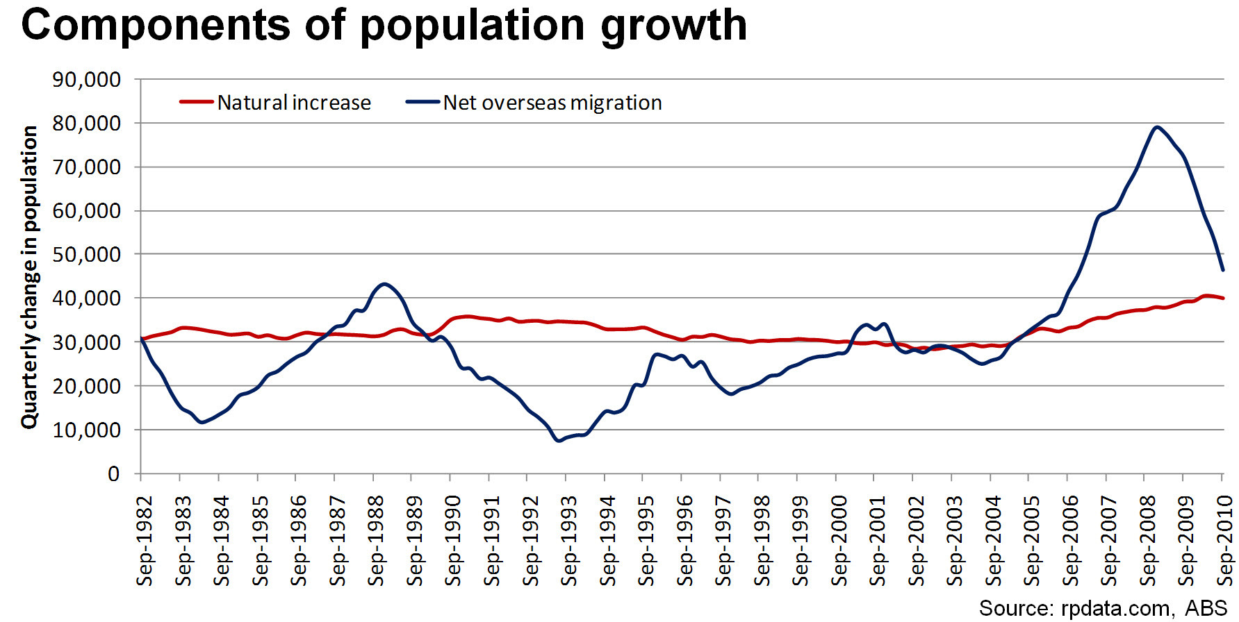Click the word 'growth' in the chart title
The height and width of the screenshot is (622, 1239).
tap(673, 26)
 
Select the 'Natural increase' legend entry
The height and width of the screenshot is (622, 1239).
tap(293, 103)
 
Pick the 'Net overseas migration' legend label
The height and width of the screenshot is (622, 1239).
tap(552, 103)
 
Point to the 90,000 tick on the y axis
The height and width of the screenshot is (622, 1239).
tap(86, 80)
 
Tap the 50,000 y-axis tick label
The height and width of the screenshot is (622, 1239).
tap(86, 255)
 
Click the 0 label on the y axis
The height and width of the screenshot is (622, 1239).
tap(114, 474)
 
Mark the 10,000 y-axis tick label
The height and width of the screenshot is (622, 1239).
tap(86, 430)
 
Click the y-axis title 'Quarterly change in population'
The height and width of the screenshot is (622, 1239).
tap(29, 277)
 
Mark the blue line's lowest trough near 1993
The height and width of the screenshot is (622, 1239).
tap(559, 440)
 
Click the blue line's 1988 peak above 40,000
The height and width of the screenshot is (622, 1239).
tap(384, 283)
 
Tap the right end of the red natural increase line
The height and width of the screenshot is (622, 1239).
tap(1223, 298)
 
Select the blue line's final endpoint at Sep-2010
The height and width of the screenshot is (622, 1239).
tap(1223, 270)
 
